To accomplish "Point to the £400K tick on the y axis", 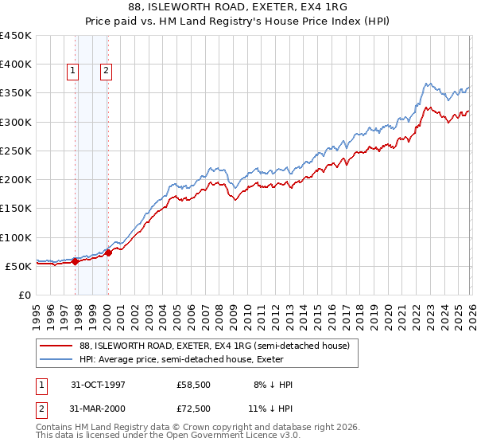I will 16,65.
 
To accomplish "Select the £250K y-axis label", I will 16,151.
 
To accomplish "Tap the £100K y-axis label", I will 16,237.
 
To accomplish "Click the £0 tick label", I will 24,295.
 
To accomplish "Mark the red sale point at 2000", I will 109,253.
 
